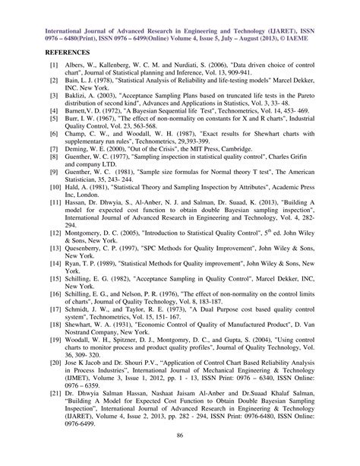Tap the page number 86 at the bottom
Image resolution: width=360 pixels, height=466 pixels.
tap(179, 434)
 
